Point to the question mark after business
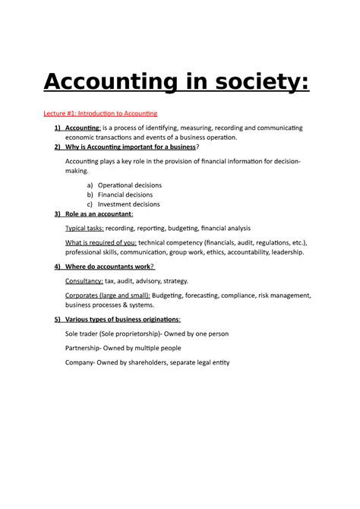click(x=197, y=147)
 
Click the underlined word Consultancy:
click(x=84, y=280)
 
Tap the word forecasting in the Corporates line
click(x=203, y=295)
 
